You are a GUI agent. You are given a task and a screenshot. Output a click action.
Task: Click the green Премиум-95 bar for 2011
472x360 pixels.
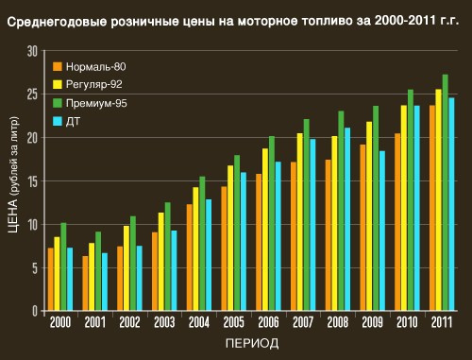(x=445, y=193)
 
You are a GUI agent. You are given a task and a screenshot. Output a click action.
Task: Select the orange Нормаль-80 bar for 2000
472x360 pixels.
(x=51, y=279)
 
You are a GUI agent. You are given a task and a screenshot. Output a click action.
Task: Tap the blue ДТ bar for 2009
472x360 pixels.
(x=382, y=231)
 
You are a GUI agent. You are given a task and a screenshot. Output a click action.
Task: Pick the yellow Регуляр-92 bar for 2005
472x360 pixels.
(x=230, y=238)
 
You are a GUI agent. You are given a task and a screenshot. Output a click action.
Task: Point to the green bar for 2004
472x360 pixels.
(x=202, y=244)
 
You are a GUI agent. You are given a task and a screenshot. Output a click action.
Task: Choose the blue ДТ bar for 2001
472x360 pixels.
(x=105, y=282)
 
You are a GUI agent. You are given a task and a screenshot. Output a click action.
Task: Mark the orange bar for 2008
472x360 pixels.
(x=329, y=235)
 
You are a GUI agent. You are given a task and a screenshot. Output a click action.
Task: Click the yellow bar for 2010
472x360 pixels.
(x=404, y=208)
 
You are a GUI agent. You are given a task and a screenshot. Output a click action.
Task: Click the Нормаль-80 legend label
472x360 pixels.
(x=96, y=67)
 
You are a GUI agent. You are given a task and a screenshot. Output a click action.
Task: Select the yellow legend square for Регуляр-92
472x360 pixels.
(x=58, y=84)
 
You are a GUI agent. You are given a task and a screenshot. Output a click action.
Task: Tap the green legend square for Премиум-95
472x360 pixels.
(x=58, y=103)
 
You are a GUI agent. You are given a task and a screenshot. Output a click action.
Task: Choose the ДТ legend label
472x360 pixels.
(x=73, y=122)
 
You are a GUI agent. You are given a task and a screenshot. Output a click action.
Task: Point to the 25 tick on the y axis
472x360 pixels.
(x=32, y=94)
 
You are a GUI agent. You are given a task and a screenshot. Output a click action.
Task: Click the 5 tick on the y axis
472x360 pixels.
(x=35, y=268)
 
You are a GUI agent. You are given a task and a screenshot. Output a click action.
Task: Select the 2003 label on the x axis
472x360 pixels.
(x=164, y=322)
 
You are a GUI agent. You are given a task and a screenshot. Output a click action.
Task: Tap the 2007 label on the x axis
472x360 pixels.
(x=303, y=322)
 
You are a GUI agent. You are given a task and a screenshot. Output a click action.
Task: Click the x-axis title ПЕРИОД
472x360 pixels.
(x=252, y=343)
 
